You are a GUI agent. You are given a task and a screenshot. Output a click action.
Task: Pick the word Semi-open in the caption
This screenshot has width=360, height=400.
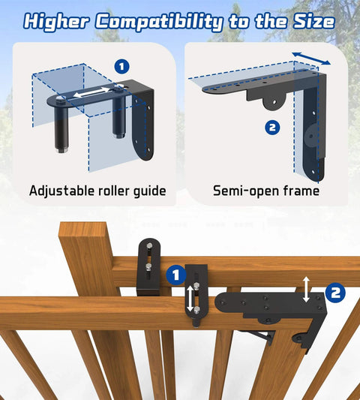pos(246,191)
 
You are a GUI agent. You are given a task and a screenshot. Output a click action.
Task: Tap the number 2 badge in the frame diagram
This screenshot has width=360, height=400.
pos(272,127)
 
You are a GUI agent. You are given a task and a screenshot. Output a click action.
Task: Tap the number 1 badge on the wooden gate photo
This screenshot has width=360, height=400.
pos(175,275)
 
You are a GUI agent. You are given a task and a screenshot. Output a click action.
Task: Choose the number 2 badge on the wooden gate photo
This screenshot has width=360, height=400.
pos(335,290)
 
